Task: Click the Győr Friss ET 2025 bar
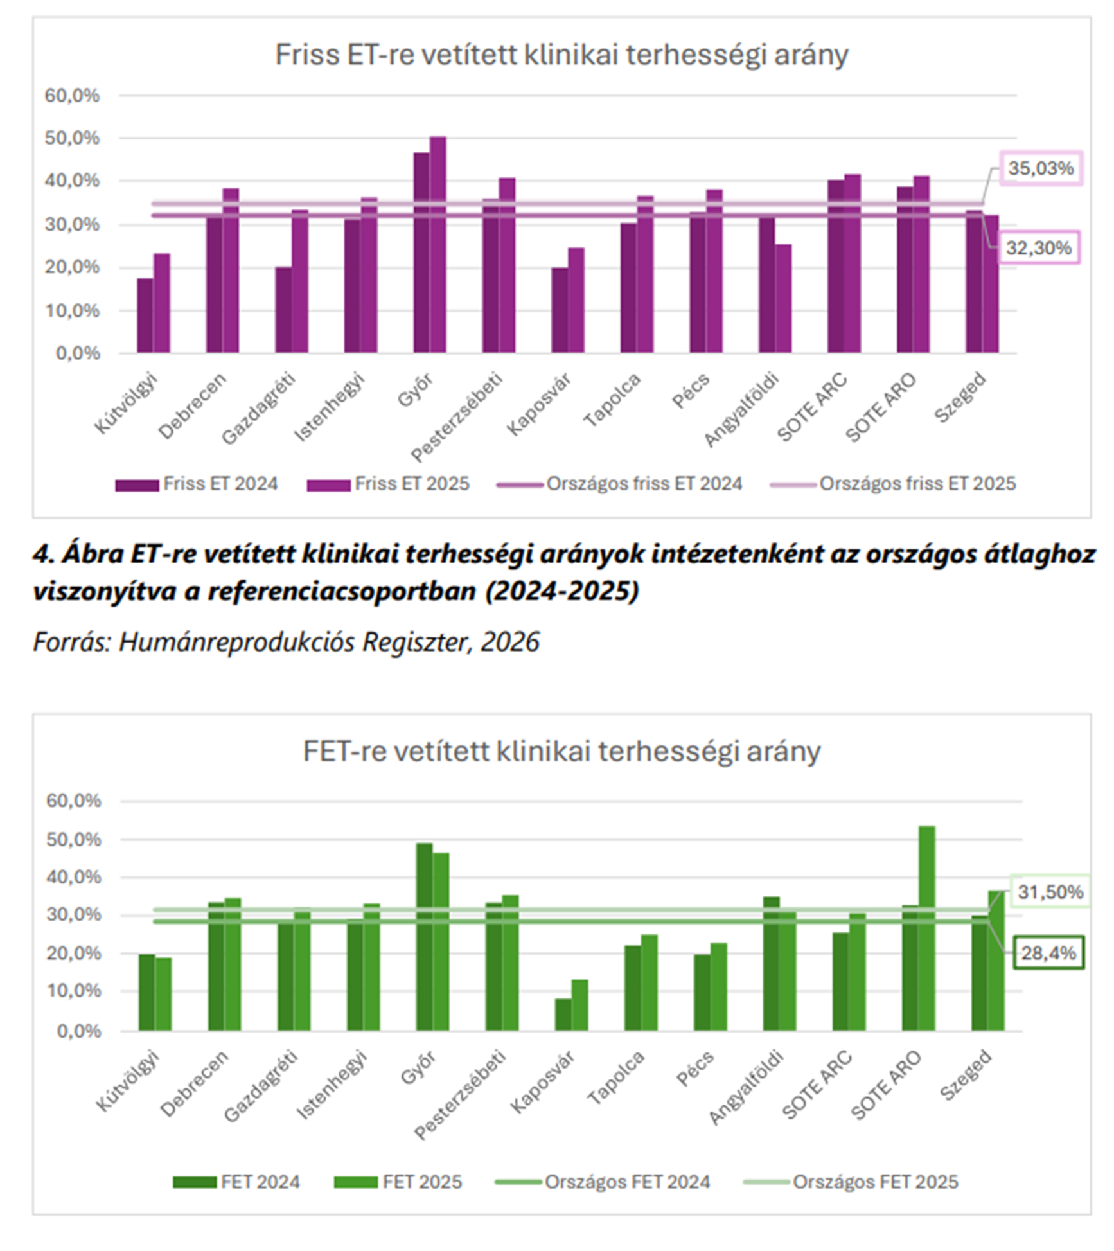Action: (438, 244)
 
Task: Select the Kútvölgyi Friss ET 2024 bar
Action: (145, 315)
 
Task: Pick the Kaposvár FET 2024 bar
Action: (563, 1015)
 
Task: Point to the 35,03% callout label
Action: (1041, 168)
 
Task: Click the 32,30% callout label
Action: (1039, 247)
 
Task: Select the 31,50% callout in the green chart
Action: (1050, 891)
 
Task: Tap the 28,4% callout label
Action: (1048, 952)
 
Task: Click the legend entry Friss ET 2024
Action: (197, 484)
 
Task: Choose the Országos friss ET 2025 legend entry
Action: (894, 484)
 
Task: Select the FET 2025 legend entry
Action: (398, 1182)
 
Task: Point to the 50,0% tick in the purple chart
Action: (72, 138)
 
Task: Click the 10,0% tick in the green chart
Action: (73, 991)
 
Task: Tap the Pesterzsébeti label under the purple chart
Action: (457, 416)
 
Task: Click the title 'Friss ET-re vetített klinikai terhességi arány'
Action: (562, 55)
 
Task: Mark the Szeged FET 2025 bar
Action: (996, 961)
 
